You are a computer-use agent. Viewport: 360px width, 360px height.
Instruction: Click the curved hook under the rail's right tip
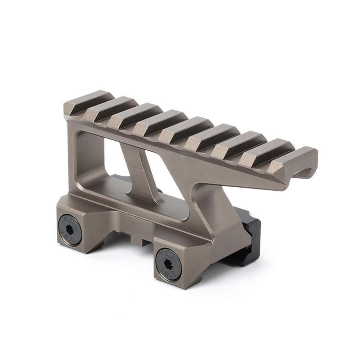coord(304,172)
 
